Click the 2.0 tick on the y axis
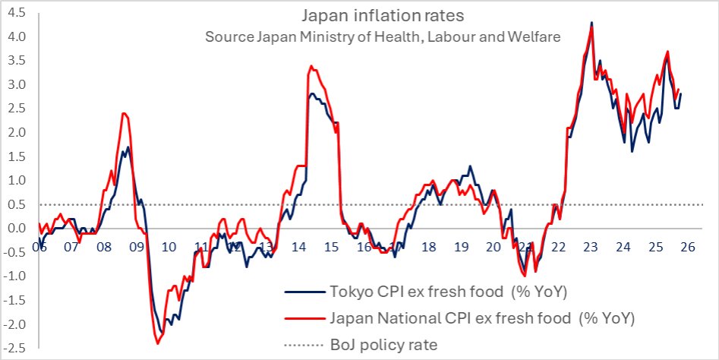pos(16,132)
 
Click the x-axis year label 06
pos(39,248)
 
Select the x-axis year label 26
pos(688,248)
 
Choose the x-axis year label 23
pos(591,248)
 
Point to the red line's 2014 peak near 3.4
pos(311,66)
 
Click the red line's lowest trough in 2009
pos(159,344)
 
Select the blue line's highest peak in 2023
pos(591,23)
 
